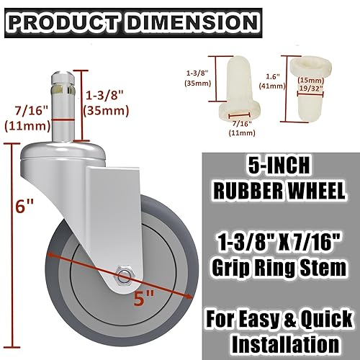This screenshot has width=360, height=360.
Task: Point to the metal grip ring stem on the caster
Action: (x=63, y=90)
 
